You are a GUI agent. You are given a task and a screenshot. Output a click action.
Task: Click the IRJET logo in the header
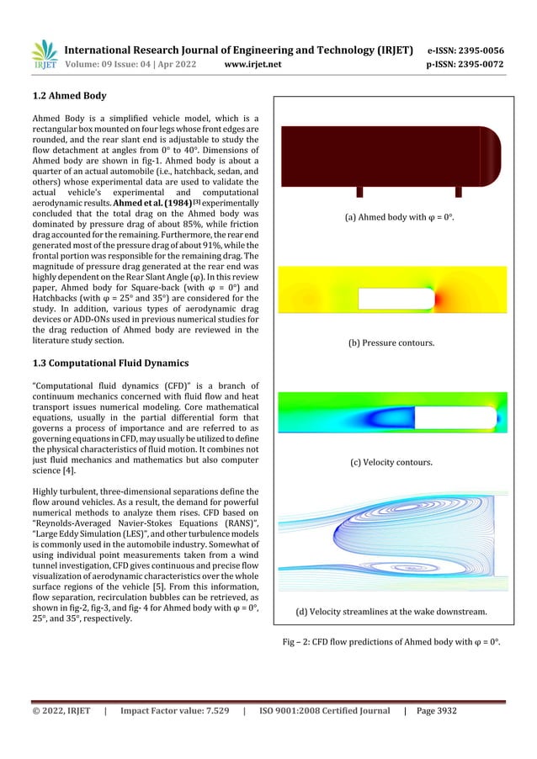(x=45, y=55)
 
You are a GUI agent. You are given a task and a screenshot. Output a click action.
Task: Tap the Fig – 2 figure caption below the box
(x=391, y=643)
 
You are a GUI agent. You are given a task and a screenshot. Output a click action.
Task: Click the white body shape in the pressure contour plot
(x=396, y=299)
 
